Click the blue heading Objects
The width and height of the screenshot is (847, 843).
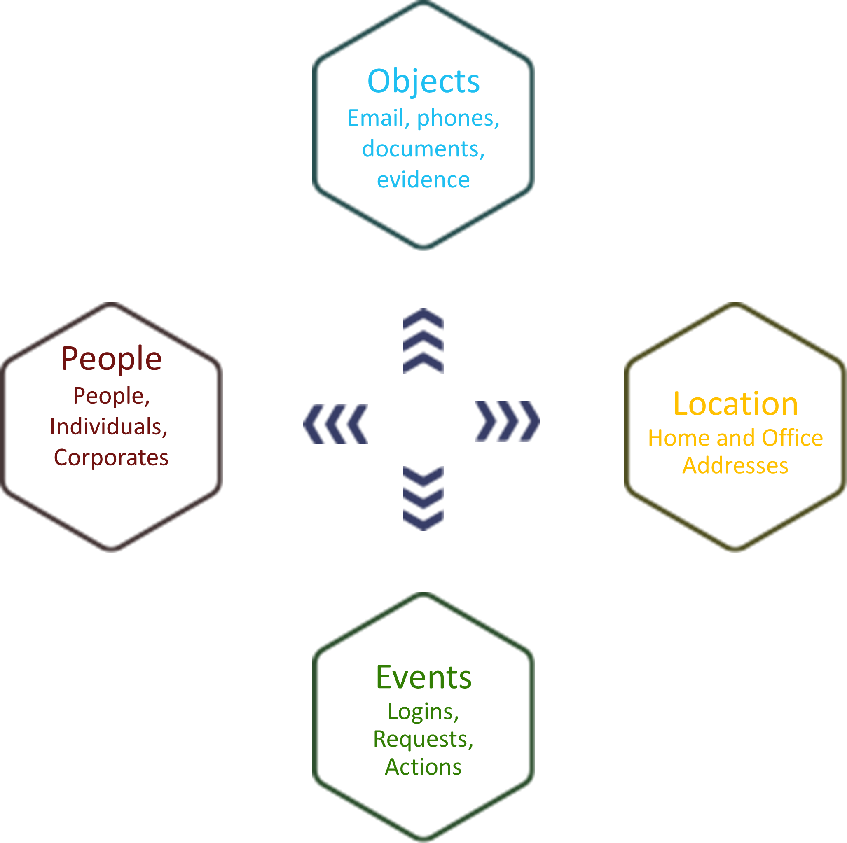point(423,81)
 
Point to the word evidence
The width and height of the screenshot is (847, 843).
point(423,180)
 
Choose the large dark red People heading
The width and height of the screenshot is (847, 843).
point(111,359)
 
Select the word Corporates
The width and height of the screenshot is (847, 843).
point(111,458)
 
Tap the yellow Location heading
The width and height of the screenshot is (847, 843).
point(736,404)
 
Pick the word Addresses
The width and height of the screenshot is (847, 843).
point(736,465)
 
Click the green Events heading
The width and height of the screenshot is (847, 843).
point(423,677)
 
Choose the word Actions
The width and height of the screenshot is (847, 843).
point(423,767)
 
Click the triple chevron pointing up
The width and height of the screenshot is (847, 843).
point(423,341)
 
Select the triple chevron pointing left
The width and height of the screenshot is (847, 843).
point(336,424)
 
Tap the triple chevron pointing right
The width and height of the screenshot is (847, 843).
point(508,421)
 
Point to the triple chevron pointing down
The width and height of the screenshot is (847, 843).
point(423,498)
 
